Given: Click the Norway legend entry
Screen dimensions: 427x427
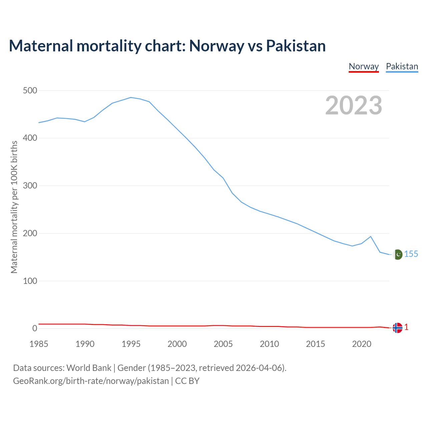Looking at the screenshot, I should (364, 66).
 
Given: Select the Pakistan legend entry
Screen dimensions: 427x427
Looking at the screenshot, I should (402, 66).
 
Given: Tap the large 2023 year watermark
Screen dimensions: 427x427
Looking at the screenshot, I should (354, 105).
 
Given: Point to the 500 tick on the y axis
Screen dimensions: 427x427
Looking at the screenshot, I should (30, 90).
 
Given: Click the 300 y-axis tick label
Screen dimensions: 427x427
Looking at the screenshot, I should (30, 186).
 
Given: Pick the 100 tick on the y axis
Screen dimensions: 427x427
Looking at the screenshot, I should (30, 281).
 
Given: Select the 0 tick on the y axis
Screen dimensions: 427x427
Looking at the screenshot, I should (35, 329).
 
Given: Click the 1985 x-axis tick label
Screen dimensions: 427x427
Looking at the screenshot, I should (39, 344).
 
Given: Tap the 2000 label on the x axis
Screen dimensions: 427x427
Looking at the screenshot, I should (177, 344).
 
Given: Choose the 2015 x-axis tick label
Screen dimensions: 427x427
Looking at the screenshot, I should (315, 344).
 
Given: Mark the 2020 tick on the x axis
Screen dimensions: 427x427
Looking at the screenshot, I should (362, 344).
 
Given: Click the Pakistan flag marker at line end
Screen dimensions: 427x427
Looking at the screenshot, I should (397, 255).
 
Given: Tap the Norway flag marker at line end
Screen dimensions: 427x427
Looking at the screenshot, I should (397, 328).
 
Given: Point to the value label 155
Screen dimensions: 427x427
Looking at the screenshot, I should (411, 254).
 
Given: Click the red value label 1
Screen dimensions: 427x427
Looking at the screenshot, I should (406, 328).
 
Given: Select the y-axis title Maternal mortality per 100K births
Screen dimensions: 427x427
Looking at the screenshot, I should (14, 207).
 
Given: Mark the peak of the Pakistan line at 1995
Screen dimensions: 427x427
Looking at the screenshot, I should (131, 97).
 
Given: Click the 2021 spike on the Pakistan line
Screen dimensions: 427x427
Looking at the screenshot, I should (371, 237).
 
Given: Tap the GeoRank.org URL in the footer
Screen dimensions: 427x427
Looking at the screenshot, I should (91, 381).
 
